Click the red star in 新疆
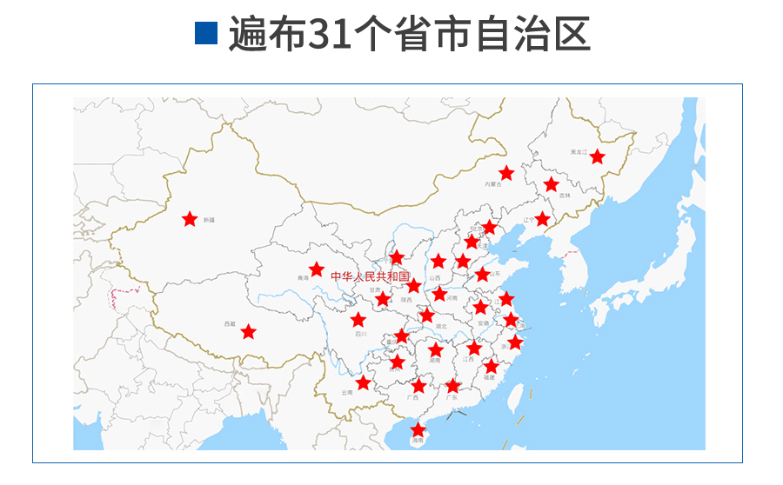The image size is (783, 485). point(190,219)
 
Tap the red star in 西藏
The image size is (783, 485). point(249,331)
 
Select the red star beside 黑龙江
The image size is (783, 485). point(598,156)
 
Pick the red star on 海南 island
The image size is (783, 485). point(418,429)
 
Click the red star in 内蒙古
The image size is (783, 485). point(506,173)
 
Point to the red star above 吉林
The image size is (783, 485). point(551,184)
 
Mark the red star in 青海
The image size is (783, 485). point(317,269)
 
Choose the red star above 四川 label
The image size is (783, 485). point(358,319)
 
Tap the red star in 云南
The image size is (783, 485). point(363,382)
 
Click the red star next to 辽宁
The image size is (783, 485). point(542,218)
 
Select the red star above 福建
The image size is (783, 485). point(492,366)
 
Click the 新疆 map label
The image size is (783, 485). point(209,221)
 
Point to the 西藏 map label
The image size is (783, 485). point(230,323)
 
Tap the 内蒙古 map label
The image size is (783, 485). point(493,184)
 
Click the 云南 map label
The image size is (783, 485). point(347,393)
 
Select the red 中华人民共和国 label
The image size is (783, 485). point(370,276)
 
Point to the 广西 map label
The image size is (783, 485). point(412,398)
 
